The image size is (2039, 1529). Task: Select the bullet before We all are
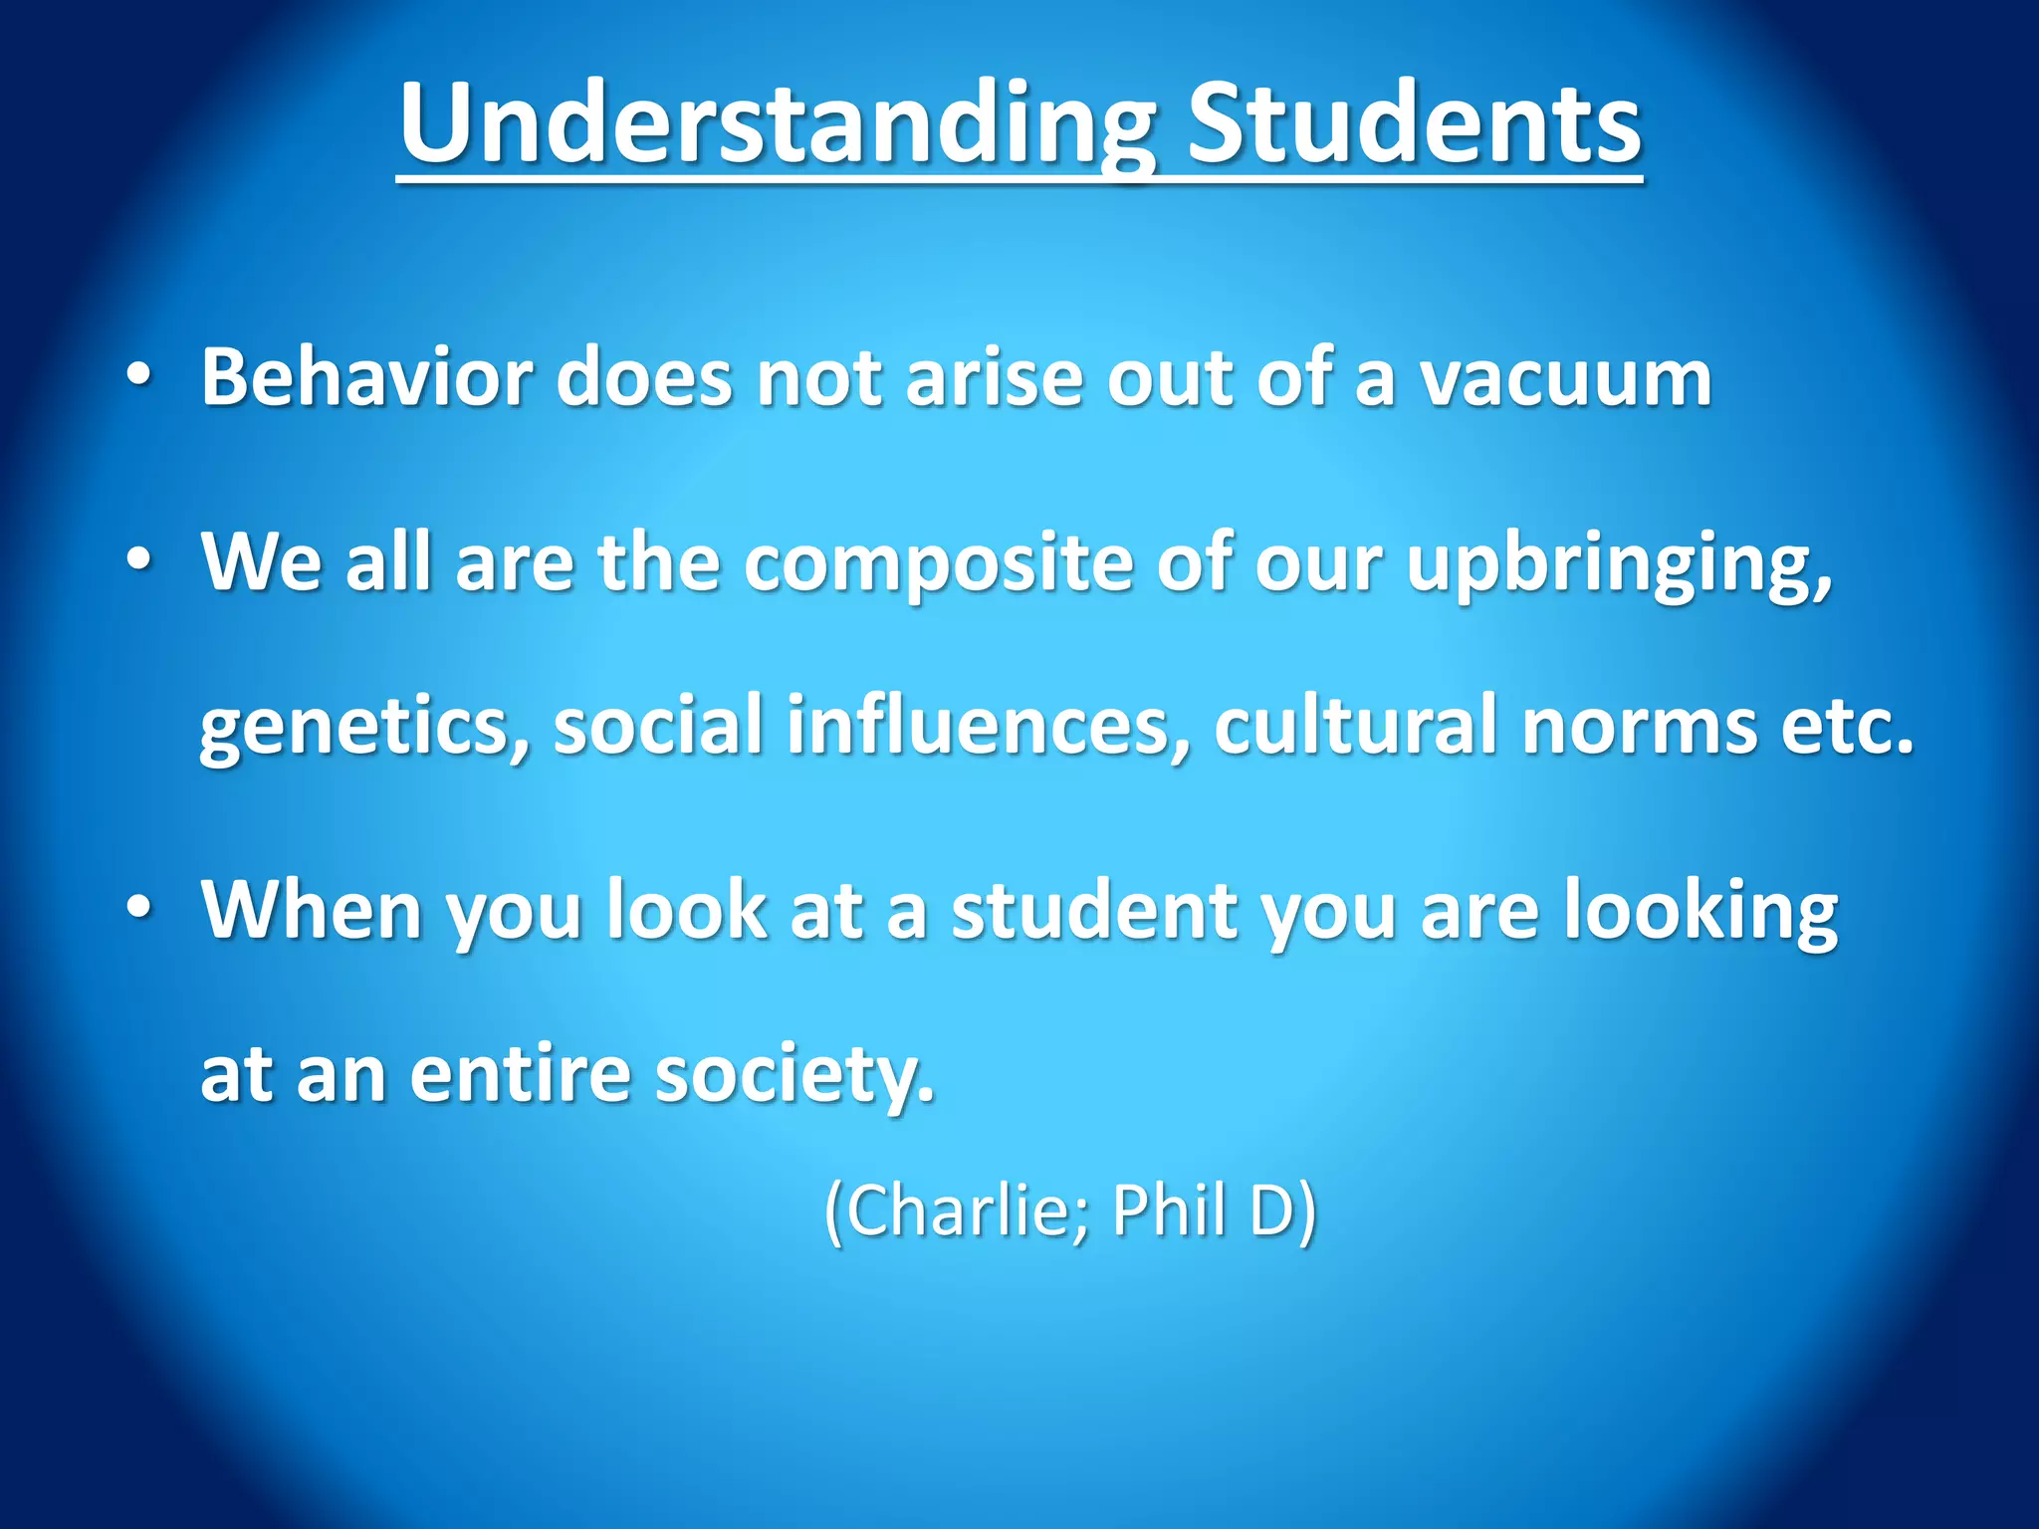click(x=139, y=560)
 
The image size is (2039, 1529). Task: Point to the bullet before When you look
click(x=139, y=908)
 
